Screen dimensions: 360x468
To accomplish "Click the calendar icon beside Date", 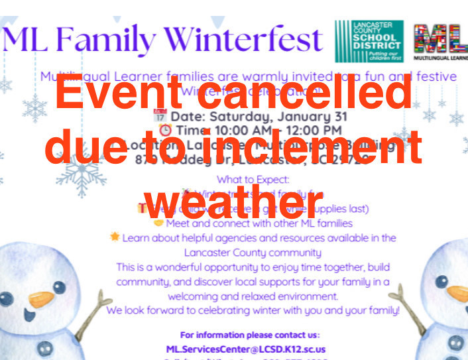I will (160, 116).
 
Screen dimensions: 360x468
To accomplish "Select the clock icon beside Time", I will (165, 131).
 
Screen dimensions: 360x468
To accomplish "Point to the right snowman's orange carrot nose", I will (457, 292).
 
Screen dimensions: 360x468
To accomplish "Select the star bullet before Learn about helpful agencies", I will (115, 237).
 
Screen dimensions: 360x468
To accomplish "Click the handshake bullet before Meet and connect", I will (158, 223).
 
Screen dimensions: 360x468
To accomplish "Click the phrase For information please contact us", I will (250, 335).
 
